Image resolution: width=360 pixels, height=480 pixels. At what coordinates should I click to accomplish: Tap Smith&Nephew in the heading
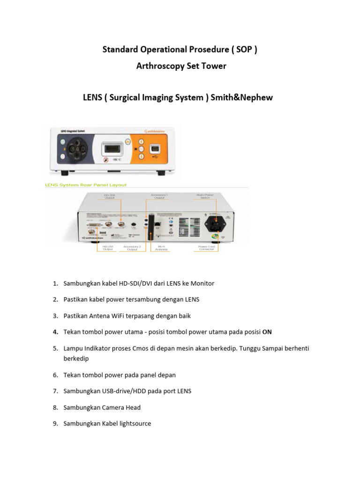click(241, 97)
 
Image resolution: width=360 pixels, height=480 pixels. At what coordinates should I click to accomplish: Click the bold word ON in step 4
click(267, 332)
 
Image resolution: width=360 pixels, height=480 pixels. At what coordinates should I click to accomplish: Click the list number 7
click(55, 391)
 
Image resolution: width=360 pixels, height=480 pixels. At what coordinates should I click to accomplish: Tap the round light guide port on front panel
click(77, 150)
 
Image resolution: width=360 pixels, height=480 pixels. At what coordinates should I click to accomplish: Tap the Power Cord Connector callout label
click(206, 248)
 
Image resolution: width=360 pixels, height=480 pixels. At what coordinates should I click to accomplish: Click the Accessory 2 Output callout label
click(132, 248)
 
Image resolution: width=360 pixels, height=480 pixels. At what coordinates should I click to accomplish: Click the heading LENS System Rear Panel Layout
click(86, 185)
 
